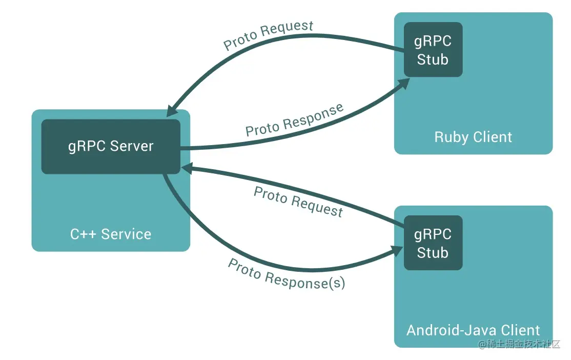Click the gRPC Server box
[111, 147]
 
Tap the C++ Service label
[111, 234]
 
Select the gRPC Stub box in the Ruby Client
[433, 50]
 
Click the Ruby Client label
[473, 137]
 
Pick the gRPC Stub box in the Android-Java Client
[433, 243]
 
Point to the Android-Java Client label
[473, 330]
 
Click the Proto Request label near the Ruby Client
[268, 35]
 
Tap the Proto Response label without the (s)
[294, 120]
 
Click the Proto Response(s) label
[287, 274]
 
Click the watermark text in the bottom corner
[519, 345]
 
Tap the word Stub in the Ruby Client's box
[433, 59]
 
